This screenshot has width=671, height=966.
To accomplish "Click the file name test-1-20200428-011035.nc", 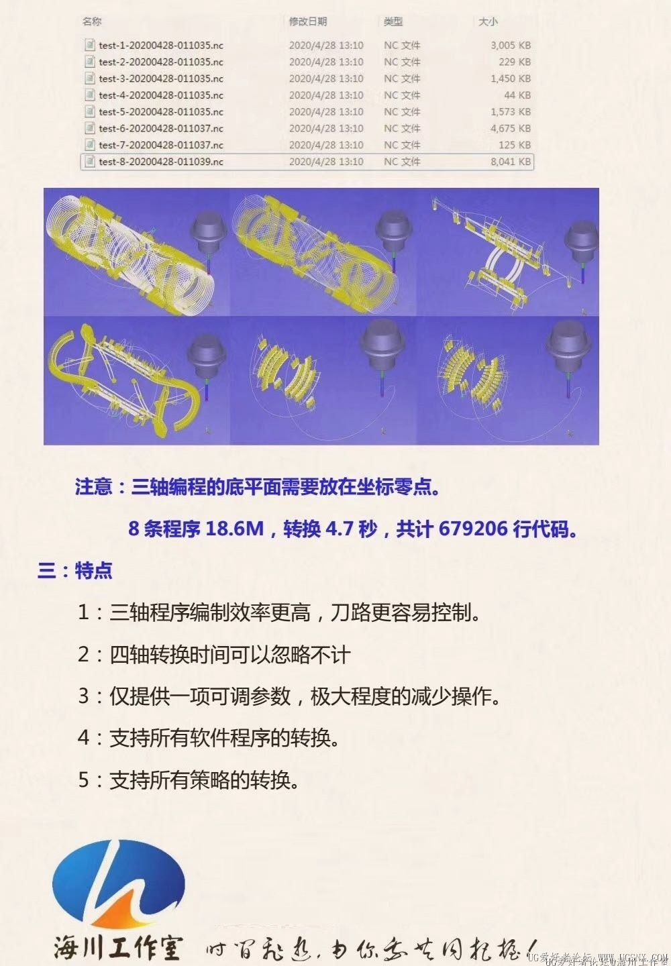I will [160, 46].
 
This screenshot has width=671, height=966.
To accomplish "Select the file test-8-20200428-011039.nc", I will [160, 162].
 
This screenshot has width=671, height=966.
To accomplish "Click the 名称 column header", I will [92, 21].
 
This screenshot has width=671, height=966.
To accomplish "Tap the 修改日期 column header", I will [307, 21].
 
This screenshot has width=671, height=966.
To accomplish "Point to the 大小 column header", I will [488, 21].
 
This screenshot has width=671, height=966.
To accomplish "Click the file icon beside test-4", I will [89, 95].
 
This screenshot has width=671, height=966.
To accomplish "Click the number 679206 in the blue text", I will [473, 529].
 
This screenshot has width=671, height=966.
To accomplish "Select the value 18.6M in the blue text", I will [234, 529].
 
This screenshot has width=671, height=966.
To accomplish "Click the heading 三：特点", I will [74, 571].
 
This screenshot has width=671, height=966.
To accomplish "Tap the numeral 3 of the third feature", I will [83, 696].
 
